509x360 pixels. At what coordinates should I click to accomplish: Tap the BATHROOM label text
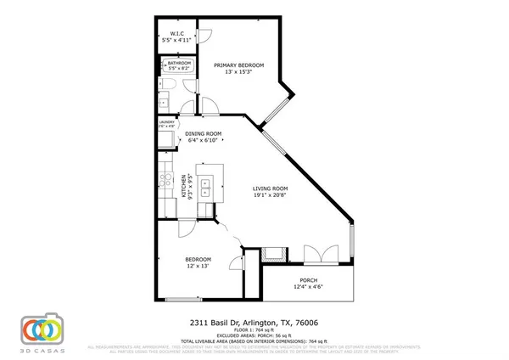(179, 63)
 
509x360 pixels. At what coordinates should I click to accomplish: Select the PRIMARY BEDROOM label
(238, 65)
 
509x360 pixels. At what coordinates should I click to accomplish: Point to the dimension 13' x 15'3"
(238, 73)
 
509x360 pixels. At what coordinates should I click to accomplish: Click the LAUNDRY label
(166, 122)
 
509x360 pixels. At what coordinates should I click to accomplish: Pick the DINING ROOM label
(204, 134)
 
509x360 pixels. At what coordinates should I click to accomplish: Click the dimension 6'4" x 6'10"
(204, 141)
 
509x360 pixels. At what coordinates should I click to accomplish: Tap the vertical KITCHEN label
(183, 185)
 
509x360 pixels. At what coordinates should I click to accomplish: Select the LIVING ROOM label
(271, 188)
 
